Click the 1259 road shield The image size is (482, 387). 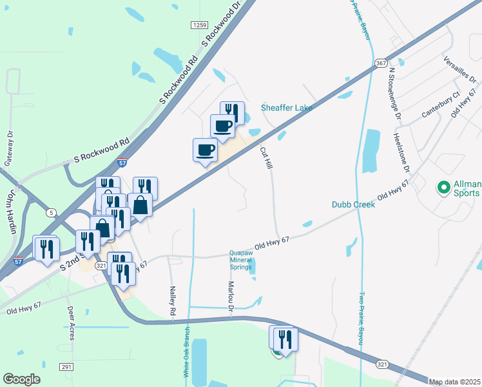click(x=198, y=25)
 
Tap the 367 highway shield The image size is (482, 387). click(x=381, y=63)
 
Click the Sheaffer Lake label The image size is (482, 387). click(x=286, y=108)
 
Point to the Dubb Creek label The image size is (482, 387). click(x=353, y=204)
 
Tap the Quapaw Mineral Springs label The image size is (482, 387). click(x=247, y=260)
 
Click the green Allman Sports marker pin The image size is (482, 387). click(x=443, y=188)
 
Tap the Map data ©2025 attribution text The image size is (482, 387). click(x=455, y=382)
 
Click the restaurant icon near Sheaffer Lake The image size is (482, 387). click(x=232, y=113)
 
